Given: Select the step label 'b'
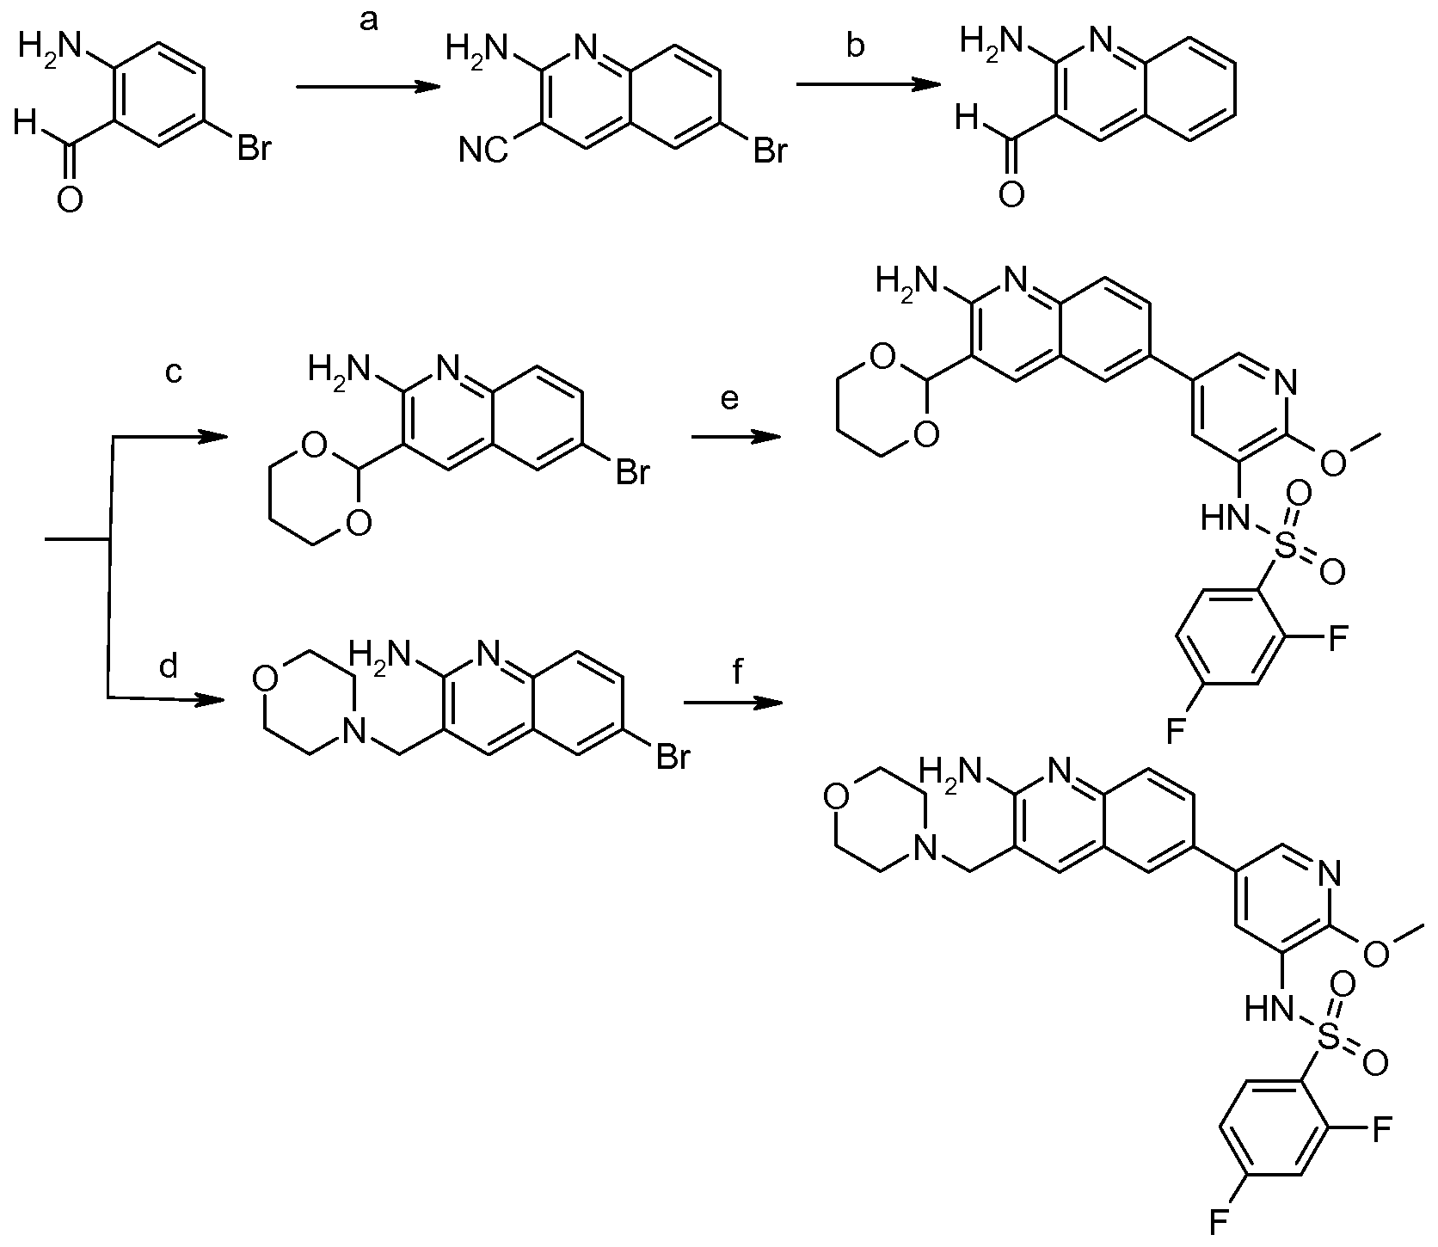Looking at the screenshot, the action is [855, 46].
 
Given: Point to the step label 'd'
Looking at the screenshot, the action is [169, 665].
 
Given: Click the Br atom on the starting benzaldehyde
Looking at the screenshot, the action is [255, 149].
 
